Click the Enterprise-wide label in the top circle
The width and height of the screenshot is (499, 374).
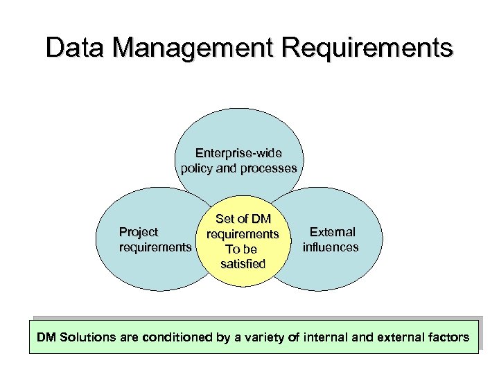(238, 152)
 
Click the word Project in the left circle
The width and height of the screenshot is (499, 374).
(139, 232)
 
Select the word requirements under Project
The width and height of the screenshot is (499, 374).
(155, 247)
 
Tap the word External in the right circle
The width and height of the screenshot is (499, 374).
(332, 232)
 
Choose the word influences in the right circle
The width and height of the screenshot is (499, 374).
(331, 247)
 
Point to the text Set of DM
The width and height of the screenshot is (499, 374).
(243, 219)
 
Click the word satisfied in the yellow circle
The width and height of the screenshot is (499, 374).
(243, 264)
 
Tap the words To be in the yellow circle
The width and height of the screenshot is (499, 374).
(241, 249)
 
